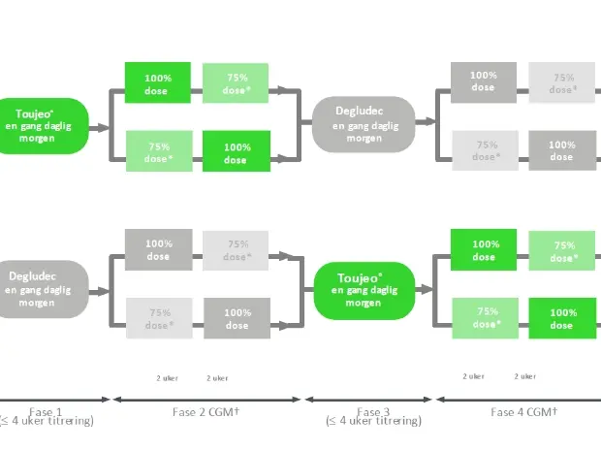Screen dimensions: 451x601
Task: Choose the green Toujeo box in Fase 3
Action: click(x=364, y=290)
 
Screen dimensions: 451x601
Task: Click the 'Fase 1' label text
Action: click(x=45, y=411)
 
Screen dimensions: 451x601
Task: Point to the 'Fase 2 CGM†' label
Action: click(x=206, y=411)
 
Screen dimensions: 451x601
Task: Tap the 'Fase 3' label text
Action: click(x=373, y=411)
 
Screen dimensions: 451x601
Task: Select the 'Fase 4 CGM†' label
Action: click(x=523, y=411)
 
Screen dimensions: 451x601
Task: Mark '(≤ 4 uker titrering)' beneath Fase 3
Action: click(x=373, y=422)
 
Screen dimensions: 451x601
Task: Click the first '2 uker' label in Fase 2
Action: click(x=167, y=377)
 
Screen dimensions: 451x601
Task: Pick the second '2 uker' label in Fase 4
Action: click(x=524, y=376)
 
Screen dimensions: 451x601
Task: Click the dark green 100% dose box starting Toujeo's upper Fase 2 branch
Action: click(x=157, y=83)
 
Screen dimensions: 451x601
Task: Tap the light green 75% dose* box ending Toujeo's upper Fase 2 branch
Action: click(x=236, y=83)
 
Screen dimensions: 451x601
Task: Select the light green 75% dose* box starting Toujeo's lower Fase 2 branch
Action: click(x=157, y=152)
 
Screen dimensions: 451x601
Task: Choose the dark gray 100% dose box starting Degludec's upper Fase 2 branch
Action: click(x=157, y=249)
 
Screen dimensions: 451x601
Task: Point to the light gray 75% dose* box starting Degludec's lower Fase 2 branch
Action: click(x=157, y=318)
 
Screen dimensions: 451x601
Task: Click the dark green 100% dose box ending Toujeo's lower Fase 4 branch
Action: click(x=562, y=318)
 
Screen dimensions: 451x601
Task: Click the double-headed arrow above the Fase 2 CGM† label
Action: click(x=207, y=399)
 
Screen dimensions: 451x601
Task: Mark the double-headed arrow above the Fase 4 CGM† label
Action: click(x=519, y=399)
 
